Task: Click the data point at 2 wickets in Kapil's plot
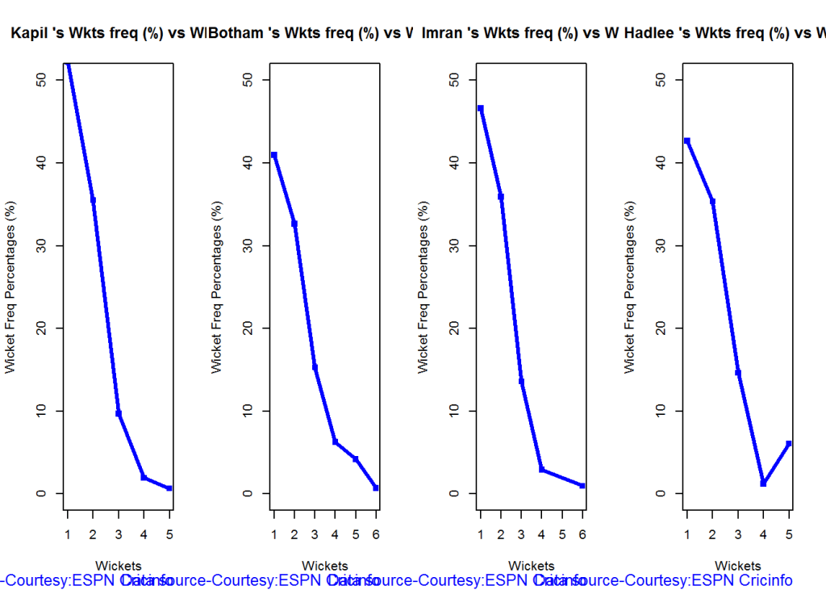[93, 200]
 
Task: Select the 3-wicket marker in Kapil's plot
[119, 413]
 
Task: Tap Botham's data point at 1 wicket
[274, 155]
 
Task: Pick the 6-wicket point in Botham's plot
[376, 487]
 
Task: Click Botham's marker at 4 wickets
[335, 441]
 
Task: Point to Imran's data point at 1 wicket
[481, 108]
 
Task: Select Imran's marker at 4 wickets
[542, 469]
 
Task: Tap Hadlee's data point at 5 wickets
[789, 443]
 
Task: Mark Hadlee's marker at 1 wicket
[686, 140]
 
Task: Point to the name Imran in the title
[444, 33]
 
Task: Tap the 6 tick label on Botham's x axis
[376, 534]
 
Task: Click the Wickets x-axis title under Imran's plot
[532, 566]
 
